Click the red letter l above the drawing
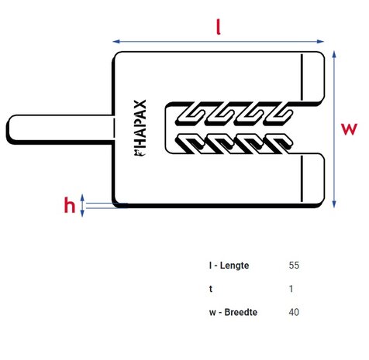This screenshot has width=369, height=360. pos(219,27)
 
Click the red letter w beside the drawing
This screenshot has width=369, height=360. pos(349,129)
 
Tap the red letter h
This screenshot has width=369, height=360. pos(70,205)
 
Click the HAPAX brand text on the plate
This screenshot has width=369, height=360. pos(140,124)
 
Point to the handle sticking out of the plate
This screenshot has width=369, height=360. pos(60,129)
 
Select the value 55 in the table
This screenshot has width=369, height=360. pos(294,266)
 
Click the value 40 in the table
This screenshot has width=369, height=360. pos(294,312)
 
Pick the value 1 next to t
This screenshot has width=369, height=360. pos(291,289)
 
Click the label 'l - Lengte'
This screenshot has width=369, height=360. pos(229,266)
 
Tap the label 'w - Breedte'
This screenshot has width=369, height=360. pos(233,312)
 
